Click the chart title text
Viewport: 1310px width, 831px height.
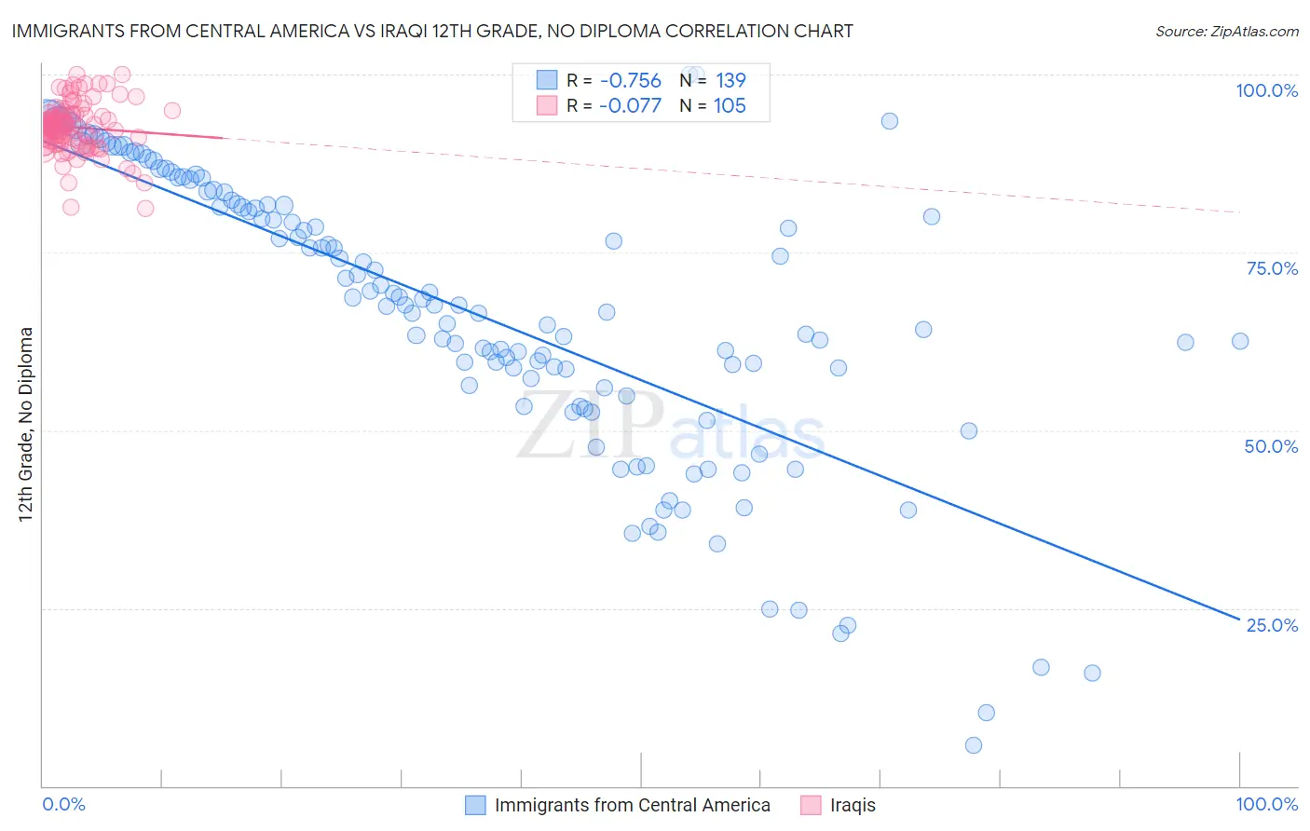tap(432, 31)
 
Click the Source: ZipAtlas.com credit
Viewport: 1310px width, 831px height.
tap(1226, 31)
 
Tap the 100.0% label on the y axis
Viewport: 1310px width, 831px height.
tap(1266, 90)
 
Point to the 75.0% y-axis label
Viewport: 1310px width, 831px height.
tap(1272, 268)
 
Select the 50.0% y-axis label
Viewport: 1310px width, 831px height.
tap(1271, 446)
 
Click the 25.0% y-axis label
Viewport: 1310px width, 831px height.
tap(1272, 625)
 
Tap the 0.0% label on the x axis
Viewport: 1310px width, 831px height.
tap(63, 804)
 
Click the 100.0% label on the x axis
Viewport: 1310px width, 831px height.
tap(1266, 804)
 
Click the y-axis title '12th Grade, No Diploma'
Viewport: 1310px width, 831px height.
tap(26, 424)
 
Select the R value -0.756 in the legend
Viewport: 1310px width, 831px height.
tap(630, 80)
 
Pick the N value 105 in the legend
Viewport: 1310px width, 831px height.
tap(730, 105)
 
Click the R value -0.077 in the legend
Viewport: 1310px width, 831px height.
tap(630, 105)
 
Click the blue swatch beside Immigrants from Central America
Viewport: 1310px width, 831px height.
tap(475, 805)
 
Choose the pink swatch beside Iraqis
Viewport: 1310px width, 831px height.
tap(811, 805)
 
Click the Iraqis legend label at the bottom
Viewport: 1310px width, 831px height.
tap(853, 805)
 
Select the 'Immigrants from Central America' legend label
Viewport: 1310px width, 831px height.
tap(632, 805)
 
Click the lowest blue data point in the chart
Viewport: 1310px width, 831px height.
tap(974, 745)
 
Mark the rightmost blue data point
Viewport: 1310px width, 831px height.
tap(1240, 341)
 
